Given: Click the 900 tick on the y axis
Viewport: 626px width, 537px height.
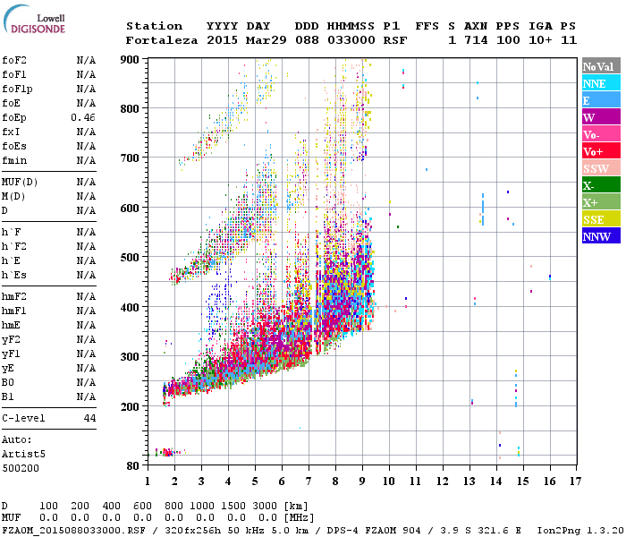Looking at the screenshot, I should point(130,59).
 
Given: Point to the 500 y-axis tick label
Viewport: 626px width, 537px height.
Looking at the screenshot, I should point(130,258).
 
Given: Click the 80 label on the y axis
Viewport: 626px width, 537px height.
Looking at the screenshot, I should point(132,465).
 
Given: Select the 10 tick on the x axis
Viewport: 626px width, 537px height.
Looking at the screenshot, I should point(389,482).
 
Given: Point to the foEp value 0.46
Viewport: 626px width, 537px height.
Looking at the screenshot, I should point(83,117).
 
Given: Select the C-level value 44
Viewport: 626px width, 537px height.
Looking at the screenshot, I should point(89,418).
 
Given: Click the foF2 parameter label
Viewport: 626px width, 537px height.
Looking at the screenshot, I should point(14,60).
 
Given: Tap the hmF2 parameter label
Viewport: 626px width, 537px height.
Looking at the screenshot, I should point(14,296).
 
